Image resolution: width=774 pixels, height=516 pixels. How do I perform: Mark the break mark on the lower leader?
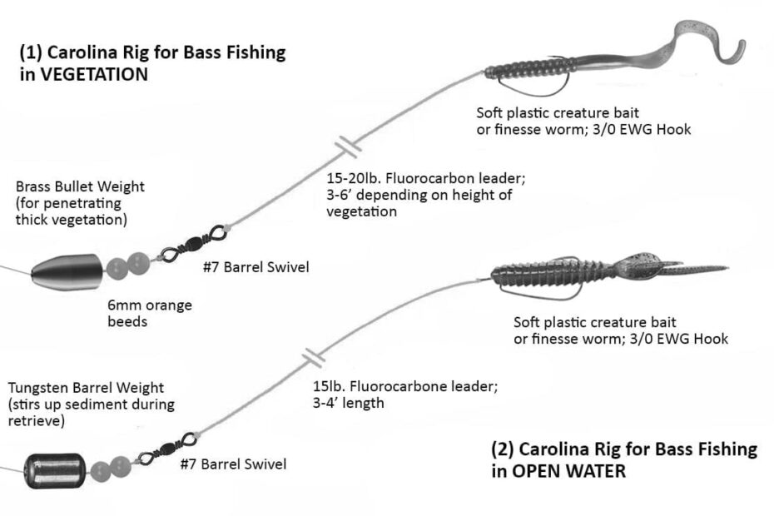pyautogui.click(x=314, y=357)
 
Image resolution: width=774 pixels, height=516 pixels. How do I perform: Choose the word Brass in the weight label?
pyautogui.click(x=32, y=187)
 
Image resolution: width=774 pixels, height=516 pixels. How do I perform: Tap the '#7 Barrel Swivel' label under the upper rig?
pyautogui.click(x=256, y=267)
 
